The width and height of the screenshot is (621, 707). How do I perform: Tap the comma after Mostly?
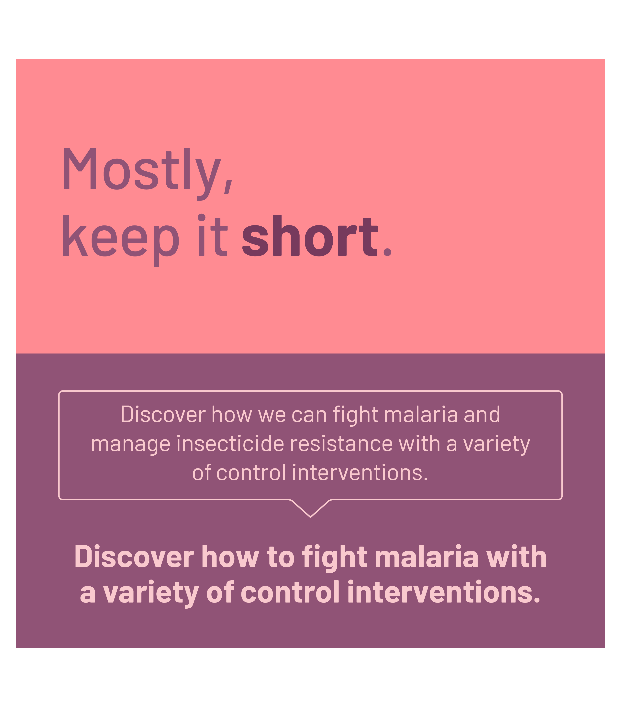pos(228,187)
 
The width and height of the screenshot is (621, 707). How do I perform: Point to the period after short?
pos(387,251)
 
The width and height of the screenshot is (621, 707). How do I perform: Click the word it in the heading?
pos(212,235)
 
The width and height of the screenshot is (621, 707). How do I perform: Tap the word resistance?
pos(341,443)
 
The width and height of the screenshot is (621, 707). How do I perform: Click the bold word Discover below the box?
pos(134,557)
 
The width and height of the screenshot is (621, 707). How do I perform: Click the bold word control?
pos(290,593)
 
